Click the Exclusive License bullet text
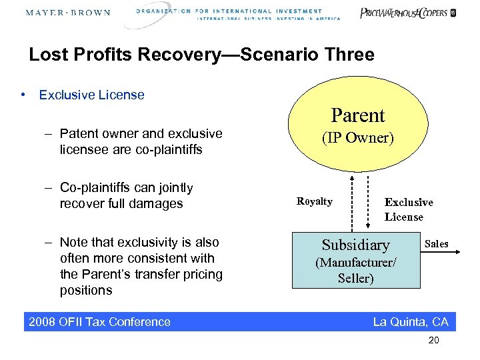tap(91, 95)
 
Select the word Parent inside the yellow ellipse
tap(358, 115)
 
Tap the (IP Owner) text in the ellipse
tap(358, 138)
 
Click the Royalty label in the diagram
tap(314, 201)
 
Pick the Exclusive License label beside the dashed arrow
tap(408, 209)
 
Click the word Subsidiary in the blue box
tap(355, 245)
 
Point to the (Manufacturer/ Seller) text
tap(355, 271)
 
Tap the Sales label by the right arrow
tap(437, 244)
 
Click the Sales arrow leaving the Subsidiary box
tap(441, 253)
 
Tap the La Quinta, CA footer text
tap(410, 322)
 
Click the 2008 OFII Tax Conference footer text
tap(99, 322)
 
